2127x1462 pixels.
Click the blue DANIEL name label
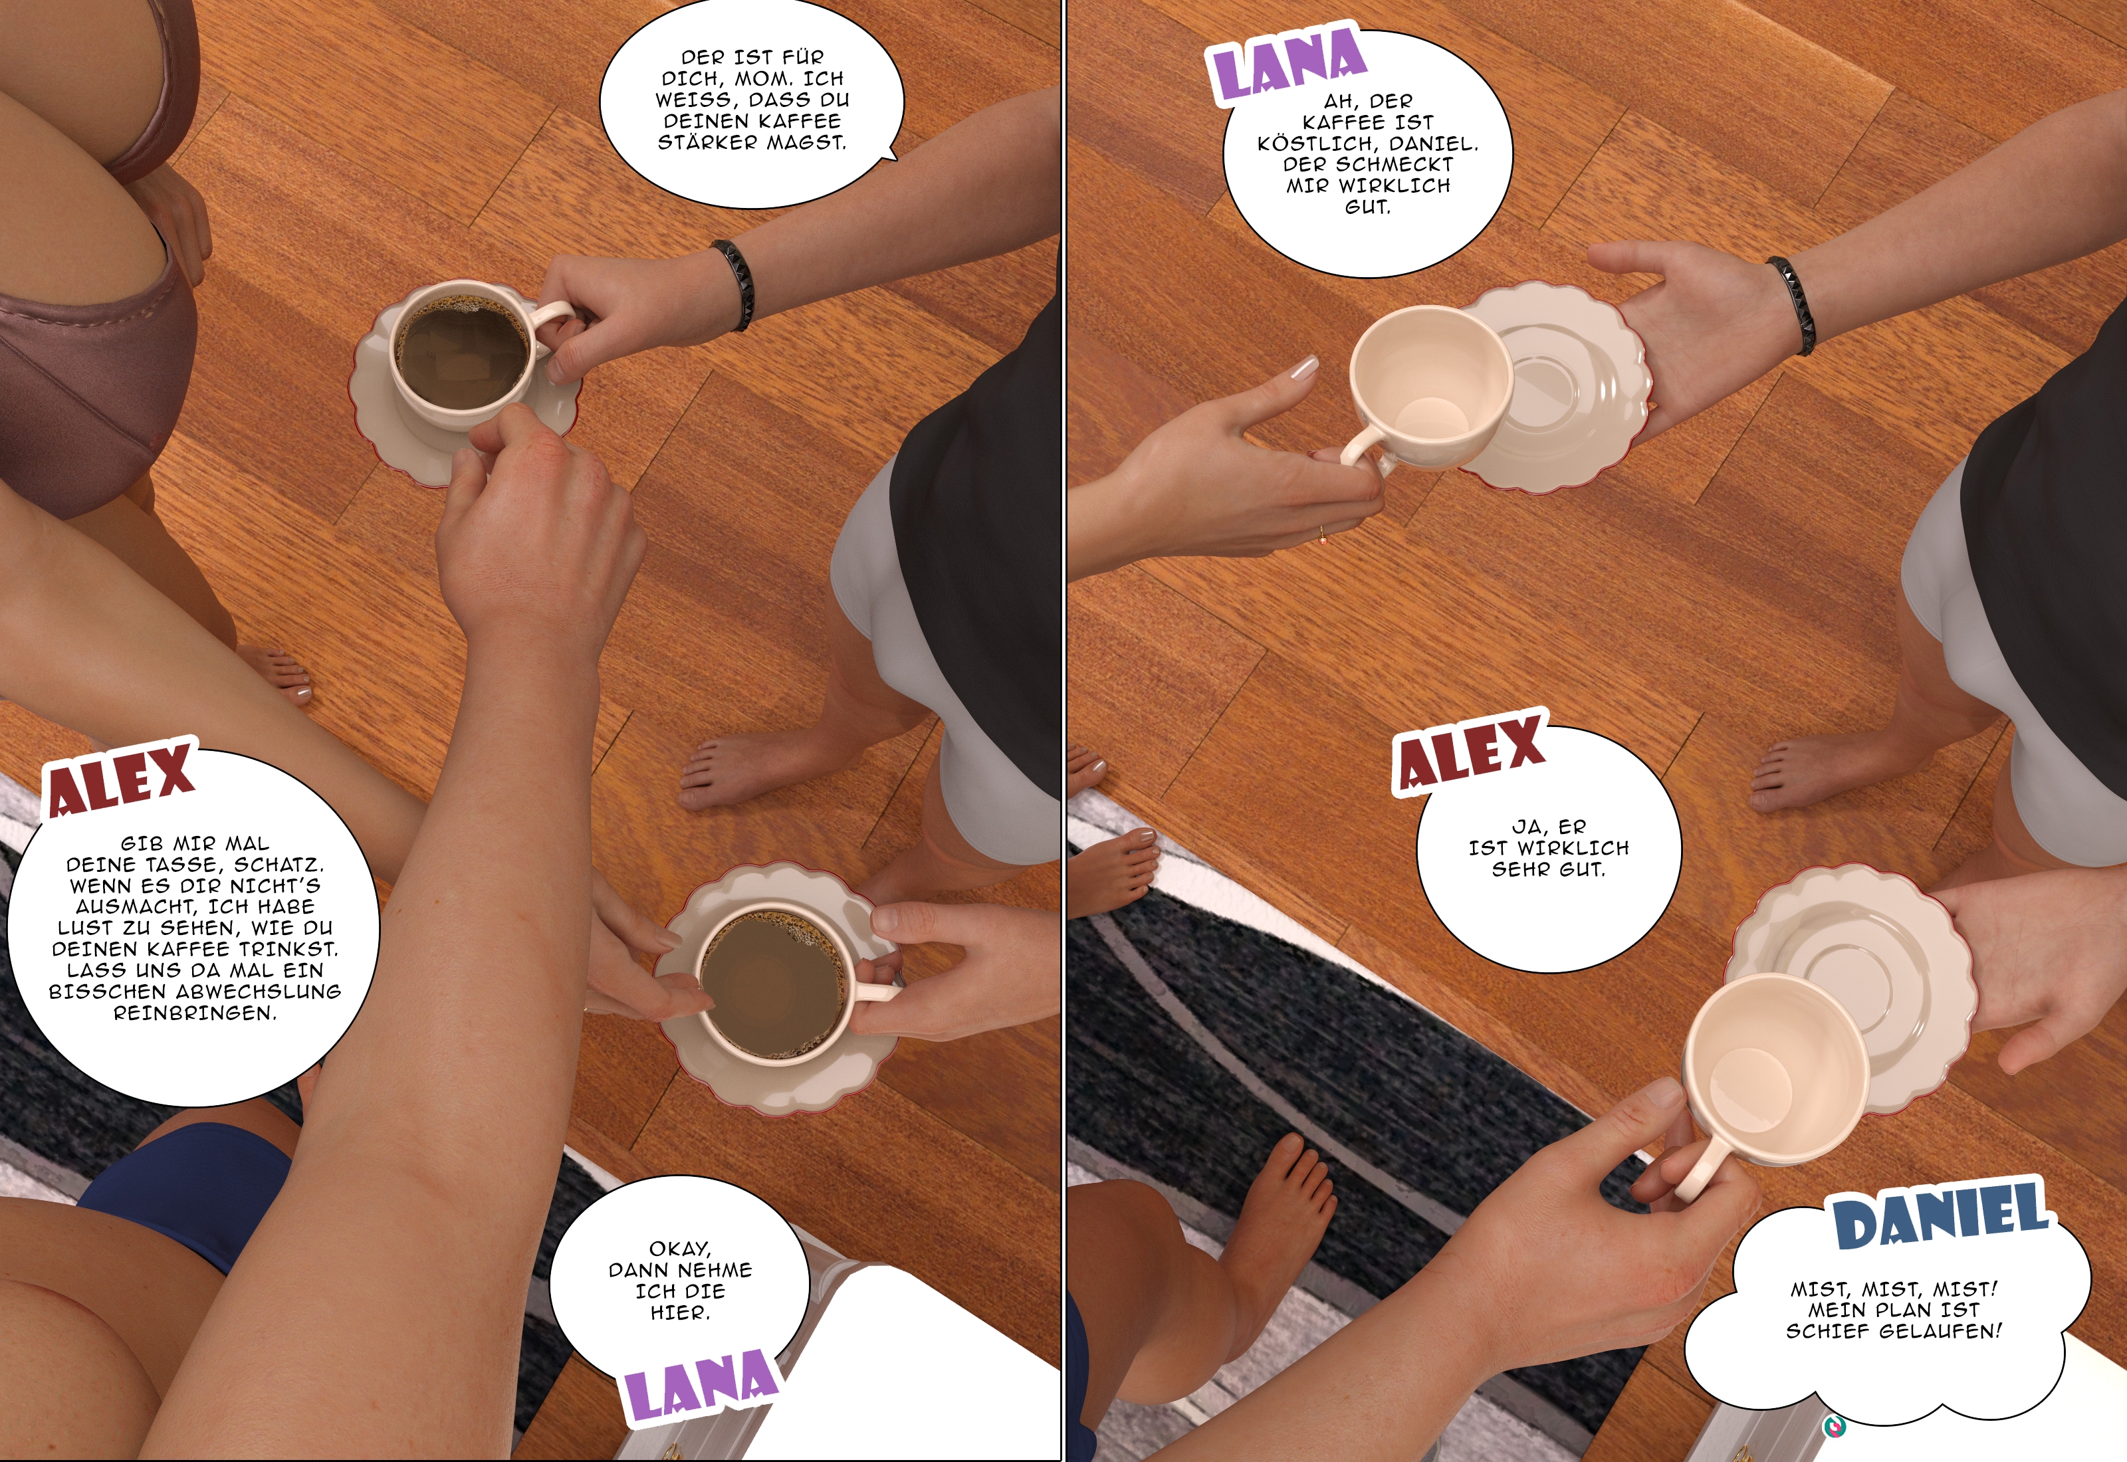pyautogui.click(x=1942, y=1215)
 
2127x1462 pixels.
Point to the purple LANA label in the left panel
pyautogui.click(x=700, y=1384)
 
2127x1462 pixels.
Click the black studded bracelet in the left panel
pyautogui.click(x=732, y=284)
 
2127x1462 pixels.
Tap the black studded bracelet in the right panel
pyautogui.click(x=1792, y=305)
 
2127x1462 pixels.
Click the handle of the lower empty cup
pyautogui.click(x=1698, y=1168)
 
